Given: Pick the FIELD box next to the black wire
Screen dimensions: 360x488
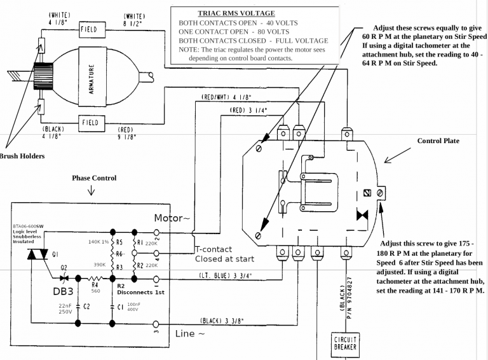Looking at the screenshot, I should pos(91,122).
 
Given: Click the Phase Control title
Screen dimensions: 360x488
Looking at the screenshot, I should pos(94,179).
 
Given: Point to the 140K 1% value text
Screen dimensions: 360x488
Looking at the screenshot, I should pos(98,242).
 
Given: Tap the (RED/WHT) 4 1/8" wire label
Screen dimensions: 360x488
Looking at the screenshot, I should pos(226,97).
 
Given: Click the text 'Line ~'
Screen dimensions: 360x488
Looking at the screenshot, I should pos(190,333).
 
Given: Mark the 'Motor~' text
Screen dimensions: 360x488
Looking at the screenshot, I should pos(172,218).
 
